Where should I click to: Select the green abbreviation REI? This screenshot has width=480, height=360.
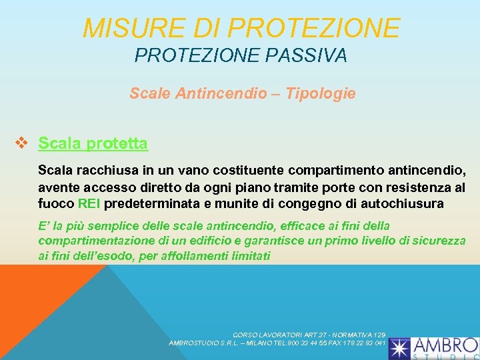89,203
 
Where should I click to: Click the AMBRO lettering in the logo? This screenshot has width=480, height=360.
445,345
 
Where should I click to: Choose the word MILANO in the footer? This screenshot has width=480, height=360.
249,343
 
